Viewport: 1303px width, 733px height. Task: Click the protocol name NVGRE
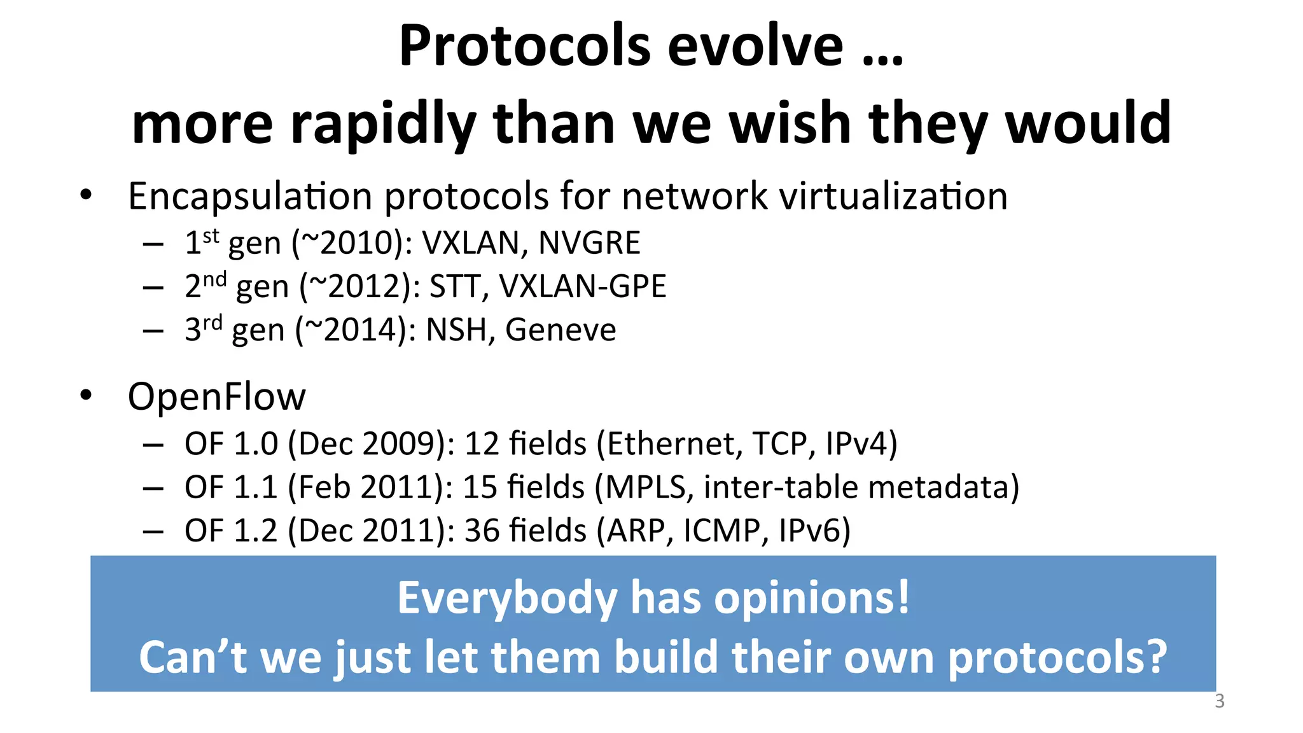(x=589, y=243)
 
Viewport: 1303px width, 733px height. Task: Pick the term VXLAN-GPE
(x=582, y=286)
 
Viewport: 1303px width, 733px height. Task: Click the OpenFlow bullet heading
(x=216, y=397)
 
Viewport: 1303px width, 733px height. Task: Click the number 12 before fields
(x=482, y=444)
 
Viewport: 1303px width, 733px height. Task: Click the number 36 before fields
(x=482, y=531)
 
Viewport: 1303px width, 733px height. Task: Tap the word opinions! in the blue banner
(x=812, y=599)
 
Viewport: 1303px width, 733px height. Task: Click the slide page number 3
(x=1219, y=701)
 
